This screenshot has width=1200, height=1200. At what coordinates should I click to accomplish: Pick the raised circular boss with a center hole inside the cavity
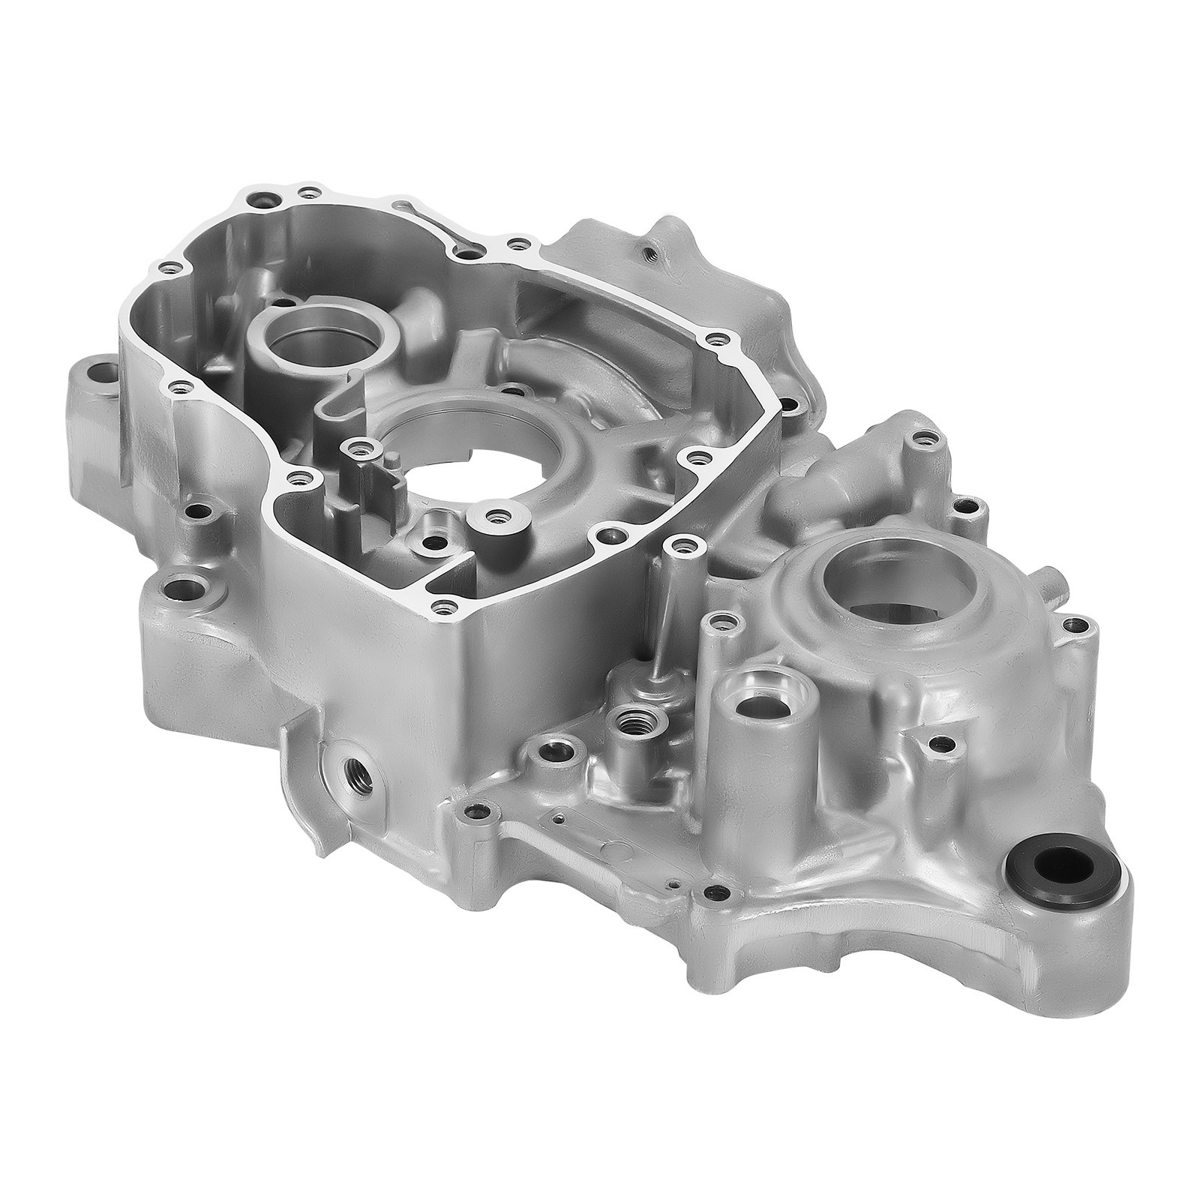(493, 517)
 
